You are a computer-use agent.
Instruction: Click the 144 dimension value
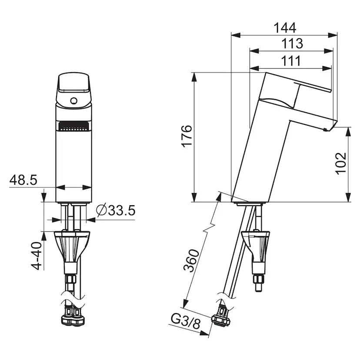point(285,27)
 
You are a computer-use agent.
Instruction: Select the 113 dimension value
point(291,43)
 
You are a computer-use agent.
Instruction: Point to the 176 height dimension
point(186,136)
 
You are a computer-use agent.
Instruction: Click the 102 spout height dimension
point(341,163)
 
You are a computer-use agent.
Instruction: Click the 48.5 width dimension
point(23,180)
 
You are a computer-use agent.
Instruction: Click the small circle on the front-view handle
point(73,102)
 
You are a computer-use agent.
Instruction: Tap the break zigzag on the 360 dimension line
point(210,227)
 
